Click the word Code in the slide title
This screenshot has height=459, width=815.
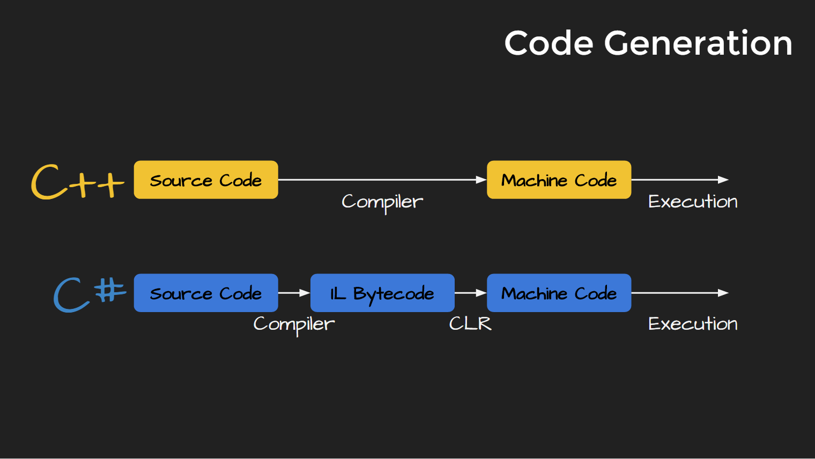549,43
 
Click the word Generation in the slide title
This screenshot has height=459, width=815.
698,43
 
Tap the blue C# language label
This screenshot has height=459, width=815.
89,294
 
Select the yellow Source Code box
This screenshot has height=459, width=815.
206,180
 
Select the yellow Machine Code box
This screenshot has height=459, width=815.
559,180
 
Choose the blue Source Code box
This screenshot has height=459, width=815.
206,293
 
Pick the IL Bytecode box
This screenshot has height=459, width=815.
382,293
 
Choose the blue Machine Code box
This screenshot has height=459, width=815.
559,293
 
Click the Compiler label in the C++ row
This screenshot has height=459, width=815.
382,202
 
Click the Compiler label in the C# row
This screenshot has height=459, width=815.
294,324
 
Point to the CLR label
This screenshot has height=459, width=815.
470,323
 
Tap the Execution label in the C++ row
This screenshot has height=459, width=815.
693,202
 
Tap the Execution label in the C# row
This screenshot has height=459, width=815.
693,324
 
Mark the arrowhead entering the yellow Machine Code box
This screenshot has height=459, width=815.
481,180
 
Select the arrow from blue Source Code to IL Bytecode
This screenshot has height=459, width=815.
294,293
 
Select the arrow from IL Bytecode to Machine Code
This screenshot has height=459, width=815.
471,293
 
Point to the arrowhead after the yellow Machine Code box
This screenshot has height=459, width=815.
723,180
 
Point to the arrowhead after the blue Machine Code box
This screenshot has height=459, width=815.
723,293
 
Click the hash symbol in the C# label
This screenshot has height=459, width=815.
110,290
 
